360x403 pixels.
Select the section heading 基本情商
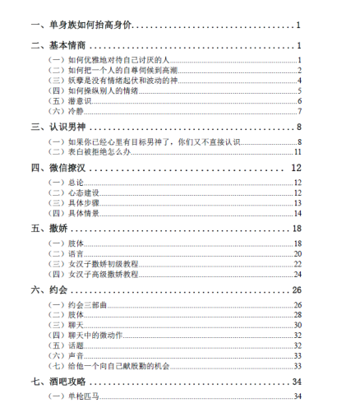62,46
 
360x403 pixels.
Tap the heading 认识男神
62,127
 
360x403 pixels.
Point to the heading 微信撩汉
62,168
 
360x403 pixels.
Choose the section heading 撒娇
55,228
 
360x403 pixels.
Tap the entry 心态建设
73,192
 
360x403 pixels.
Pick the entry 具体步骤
73,202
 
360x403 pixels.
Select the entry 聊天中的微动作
87,335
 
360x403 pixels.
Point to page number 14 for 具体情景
299,213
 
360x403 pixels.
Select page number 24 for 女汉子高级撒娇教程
299,274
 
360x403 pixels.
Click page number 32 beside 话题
299,345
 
